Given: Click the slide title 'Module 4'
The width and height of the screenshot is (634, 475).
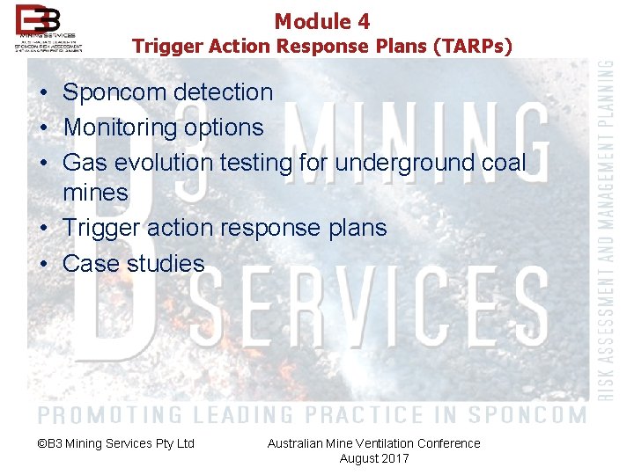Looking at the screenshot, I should (x=321, y=21).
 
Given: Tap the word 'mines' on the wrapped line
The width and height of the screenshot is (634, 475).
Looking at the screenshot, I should (x=95, y=193).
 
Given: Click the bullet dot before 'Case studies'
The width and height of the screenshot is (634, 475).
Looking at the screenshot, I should (x=43, y=264).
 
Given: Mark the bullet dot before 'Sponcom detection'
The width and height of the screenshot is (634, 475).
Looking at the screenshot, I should (x=43, y=93).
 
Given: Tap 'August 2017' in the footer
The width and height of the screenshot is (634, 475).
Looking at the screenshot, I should (x=374, y=458).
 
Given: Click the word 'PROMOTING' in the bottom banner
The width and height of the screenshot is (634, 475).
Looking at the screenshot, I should (x=111, y=413).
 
